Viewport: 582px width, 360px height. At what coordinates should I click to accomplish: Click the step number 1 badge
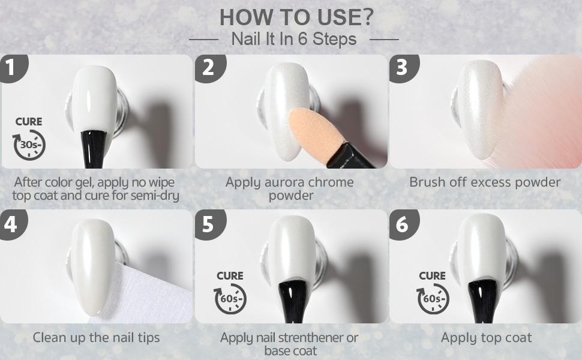[x=12, y=68]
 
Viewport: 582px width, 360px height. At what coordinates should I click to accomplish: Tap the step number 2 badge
[x=209, y=68]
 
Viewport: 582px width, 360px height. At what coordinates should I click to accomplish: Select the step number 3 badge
[x=403, y=68]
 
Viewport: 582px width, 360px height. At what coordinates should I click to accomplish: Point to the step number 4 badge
[x=12, y=224]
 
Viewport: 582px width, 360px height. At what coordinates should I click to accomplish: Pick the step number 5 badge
[x=209, y=224]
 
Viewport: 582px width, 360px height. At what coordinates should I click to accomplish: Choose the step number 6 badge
[x=403, y=224]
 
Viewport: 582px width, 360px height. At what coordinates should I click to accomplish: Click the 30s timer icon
[x=29, y=145]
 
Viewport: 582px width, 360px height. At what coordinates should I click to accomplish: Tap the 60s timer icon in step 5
[x=230, y=299]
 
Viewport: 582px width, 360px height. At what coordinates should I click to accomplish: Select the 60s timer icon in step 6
[x=433, y=299]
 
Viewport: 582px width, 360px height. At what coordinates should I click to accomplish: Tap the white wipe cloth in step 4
[x=145, y=293]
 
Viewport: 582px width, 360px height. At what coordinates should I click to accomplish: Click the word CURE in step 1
[x=29, y=121]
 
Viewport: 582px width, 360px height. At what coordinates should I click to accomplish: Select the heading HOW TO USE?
[x=296, y=17]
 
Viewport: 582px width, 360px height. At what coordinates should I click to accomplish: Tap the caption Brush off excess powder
[x=485, y=182]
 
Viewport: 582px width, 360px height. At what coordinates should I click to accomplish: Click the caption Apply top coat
[x=486, y=338]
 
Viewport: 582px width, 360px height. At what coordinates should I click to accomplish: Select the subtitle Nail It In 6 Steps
[x=294, y=39]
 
